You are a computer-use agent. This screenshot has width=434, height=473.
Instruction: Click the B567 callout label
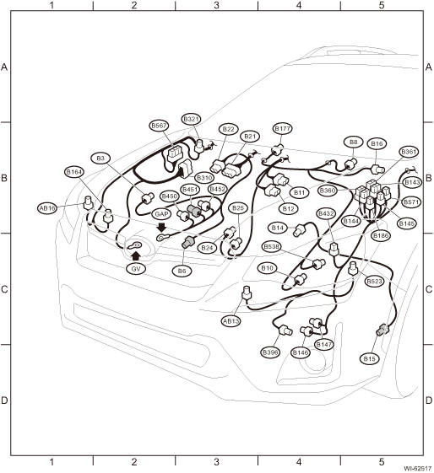pos(160,126)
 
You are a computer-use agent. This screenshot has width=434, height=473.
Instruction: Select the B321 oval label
pos(191,119)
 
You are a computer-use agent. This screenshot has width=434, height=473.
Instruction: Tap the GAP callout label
pos(161,214)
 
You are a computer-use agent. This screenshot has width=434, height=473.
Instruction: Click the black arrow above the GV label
pos(136,255)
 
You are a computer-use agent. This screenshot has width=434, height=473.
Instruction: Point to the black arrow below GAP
pos(162,227)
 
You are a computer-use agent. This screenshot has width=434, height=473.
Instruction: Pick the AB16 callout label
pos(48,208)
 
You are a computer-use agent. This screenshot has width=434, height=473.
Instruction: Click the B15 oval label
pos(369,359)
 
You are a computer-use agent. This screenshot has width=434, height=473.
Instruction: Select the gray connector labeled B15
pos(382,330)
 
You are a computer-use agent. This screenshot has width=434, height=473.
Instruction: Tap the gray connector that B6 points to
pos(189,242)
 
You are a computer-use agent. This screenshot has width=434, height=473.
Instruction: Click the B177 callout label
pos(282,128)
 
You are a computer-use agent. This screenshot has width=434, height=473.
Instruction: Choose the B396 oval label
pos(270,352)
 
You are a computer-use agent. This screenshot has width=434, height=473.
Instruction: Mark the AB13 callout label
pos(231,321)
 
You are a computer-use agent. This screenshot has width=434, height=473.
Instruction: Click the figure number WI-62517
pos(418,469)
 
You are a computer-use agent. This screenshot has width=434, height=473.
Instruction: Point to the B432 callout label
pos(327,214)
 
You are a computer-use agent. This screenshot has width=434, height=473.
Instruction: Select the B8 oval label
pos(353,142)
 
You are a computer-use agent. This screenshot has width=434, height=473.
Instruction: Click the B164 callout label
pos(74,172)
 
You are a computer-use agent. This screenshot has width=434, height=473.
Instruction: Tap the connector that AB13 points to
pos(247,293)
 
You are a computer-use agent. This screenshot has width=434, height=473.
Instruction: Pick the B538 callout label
pos(272,247)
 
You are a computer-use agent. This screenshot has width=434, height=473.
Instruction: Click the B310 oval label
pos(204,177)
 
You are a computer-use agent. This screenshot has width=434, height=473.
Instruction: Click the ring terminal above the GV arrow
pos(134,245)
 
